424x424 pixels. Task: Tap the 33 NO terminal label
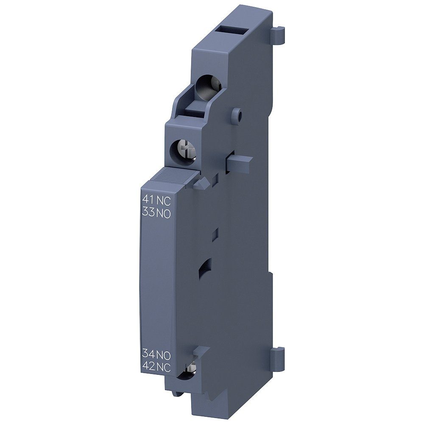click(155, 214)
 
